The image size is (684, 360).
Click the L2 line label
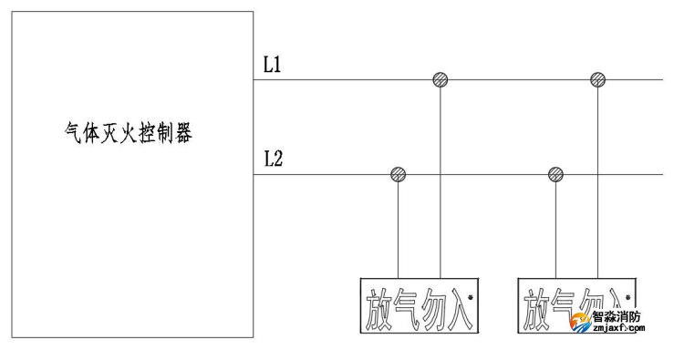point(273,159)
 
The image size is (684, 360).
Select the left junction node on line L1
point(440,80)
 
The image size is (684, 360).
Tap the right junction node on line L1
point(597,80)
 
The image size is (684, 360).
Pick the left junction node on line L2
point(398,174)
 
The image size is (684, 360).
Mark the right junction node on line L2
point(555,174)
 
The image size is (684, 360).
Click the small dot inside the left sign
point(471,298)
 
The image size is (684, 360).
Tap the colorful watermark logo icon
point(579,323)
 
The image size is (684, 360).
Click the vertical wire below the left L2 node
point(398,228)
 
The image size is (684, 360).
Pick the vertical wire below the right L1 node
point(597,182)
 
